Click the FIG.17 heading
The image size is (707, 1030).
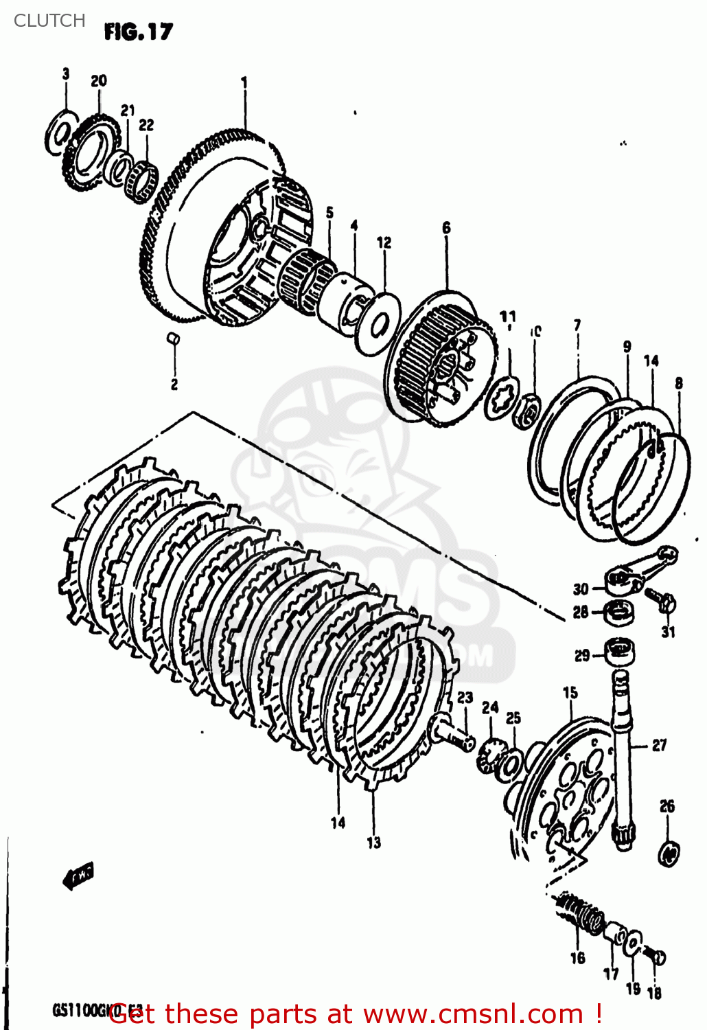139,32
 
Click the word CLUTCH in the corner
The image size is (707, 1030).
49,21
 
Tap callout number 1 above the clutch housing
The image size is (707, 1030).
244,82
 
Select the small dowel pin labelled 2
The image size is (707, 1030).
174,337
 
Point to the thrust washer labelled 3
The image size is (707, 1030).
60,130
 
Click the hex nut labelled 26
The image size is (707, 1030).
669,852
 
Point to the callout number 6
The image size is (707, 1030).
447,228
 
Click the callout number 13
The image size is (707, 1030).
373,843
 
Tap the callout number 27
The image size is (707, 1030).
659,745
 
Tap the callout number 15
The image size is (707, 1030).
570,693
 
